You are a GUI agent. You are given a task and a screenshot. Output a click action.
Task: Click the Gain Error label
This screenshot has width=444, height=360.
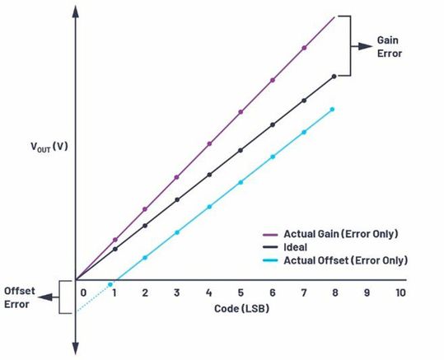coord(390,47)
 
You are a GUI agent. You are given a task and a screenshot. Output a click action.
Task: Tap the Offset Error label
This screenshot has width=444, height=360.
coord(19,297)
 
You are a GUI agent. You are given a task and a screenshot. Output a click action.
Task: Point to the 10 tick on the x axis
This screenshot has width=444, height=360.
coord(400,293)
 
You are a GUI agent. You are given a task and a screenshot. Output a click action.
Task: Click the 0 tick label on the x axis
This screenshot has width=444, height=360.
coord(82,293)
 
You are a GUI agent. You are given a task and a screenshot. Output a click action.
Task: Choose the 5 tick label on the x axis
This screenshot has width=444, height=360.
coord(241,293)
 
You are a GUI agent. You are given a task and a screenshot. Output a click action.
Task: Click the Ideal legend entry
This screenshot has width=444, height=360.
coord(297,245)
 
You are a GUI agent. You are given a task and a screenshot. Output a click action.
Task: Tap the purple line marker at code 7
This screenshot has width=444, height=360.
coord(304,48)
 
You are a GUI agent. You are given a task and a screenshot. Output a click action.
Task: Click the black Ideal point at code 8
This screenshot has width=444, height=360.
coord(334,76)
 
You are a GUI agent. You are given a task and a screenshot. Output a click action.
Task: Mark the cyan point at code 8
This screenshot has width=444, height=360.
coord(332,109)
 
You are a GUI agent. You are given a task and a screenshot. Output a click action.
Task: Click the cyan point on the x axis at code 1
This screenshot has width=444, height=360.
coord(110,283)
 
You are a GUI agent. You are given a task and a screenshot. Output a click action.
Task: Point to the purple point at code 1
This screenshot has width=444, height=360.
coord(115,240)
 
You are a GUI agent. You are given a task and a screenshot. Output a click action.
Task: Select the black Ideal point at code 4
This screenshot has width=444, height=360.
coord(209,175)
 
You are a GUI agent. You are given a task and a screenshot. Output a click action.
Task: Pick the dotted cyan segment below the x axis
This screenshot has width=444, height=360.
coord(92,298)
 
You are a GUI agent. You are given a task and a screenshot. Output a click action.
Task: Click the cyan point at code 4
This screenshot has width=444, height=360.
coord(208,207)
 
